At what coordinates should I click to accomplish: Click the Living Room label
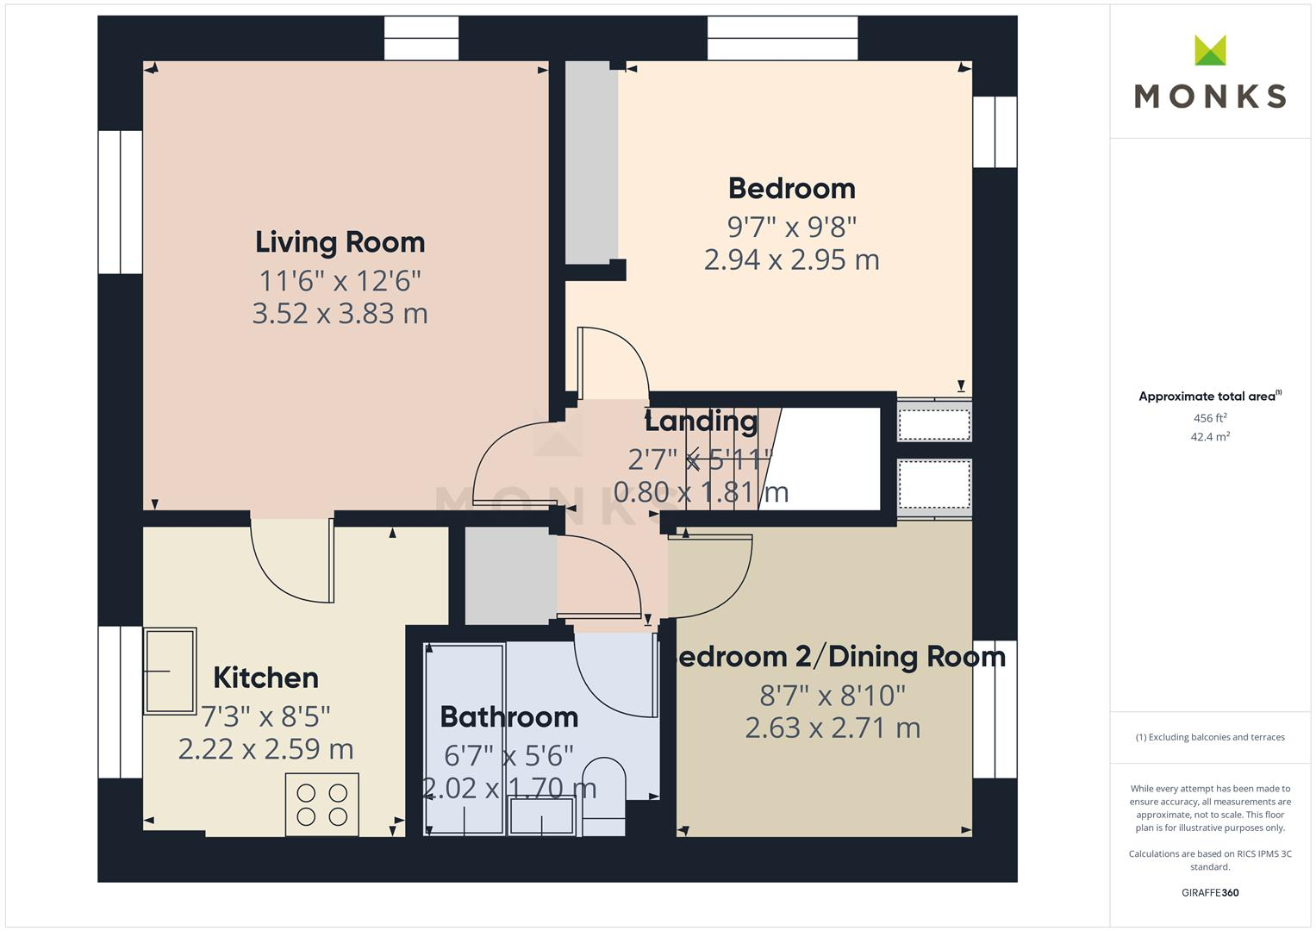(x=340, y=242)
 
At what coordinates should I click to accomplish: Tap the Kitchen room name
(x=265, y=678)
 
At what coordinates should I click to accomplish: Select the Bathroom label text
(x=508, y=716)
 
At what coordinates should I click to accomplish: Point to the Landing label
(x=701, y=422)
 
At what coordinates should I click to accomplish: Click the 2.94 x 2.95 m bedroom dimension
(x=791, y=259)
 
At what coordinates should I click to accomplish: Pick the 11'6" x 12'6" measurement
(x=340, y=280)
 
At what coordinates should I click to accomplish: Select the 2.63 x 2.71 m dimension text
(x=833, y=728)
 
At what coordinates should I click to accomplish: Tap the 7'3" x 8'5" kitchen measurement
(x=265, y=715)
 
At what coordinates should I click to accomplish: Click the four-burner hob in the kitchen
(x=321, y=804)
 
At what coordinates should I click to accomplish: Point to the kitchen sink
(x=170, y=671)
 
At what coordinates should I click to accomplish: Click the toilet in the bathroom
(x=604, y=795)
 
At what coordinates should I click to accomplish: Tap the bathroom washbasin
(x=541, y=815)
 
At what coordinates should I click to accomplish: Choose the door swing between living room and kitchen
(x=290, y=560)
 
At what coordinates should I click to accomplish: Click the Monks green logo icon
(x=1210, y=51)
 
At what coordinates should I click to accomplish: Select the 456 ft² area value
(x=1210, y=418)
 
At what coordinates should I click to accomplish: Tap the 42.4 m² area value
(x=1210, y=437)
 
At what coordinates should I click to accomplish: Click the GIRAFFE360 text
(x=1210, y=892)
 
